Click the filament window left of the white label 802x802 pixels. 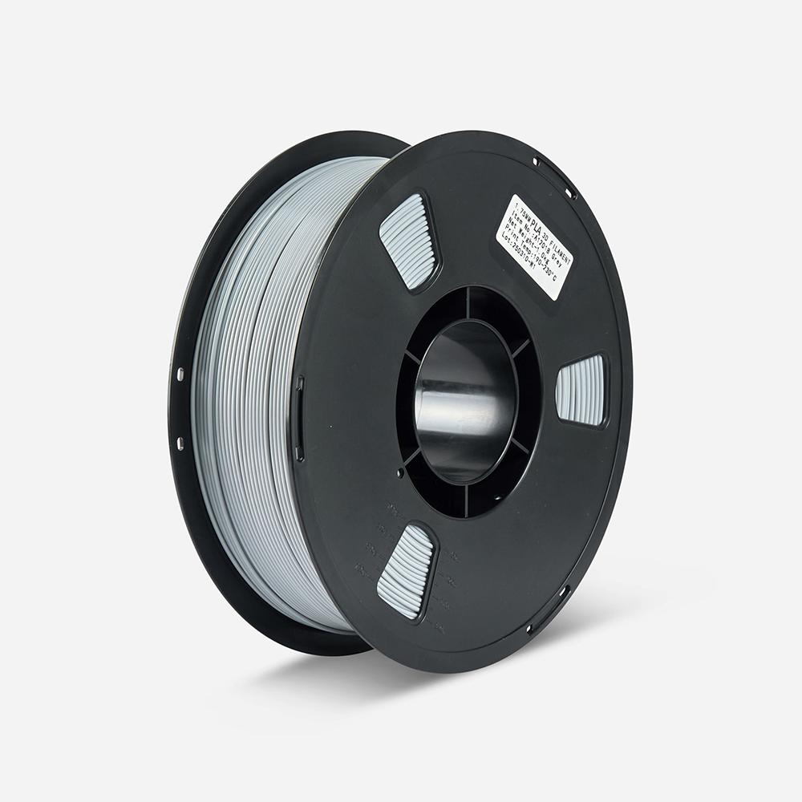[408, 241]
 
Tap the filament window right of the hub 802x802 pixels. [581, 390]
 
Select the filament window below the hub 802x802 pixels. [406, 571]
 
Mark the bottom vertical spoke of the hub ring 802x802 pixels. [466, 500]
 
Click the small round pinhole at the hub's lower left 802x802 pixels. [400, 473]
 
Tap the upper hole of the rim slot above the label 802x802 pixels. [536, 164]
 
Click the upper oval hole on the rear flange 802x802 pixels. [180, 374]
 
